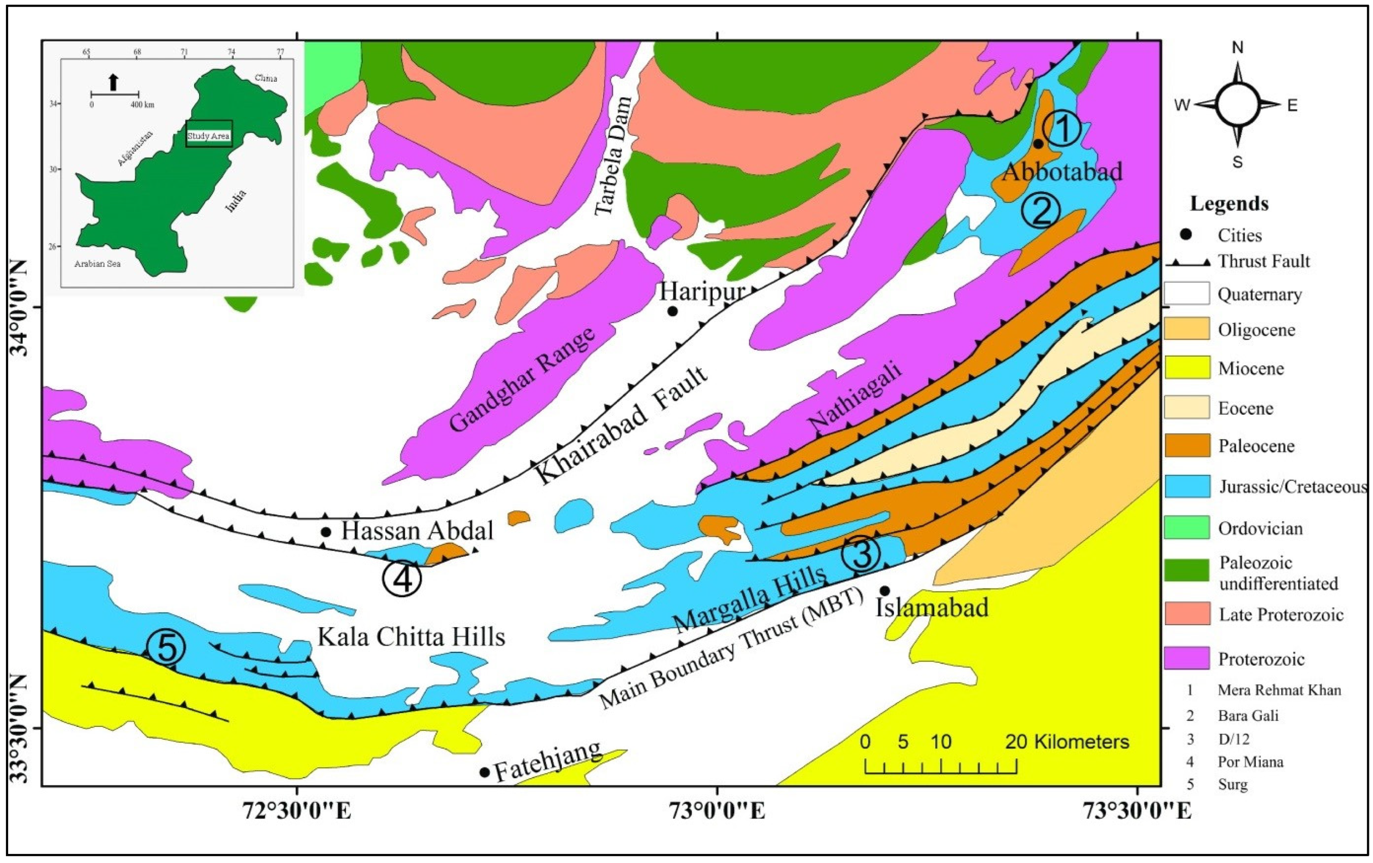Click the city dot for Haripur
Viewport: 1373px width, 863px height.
[x=672, y=311]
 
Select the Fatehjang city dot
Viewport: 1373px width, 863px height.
[x=485, y=772]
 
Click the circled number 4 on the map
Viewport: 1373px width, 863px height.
[x=402, y=579]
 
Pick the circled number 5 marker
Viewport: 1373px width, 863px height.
[x=166, y=648]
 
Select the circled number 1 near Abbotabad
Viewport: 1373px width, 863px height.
[x=1062, y=129]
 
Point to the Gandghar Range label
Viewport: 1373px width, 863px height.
[x=522, y=380]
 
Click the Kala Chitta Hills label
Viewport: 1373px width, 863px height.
[x=411, y=636]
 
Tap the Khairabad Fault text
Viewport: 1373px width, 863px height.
[x=622, y=424]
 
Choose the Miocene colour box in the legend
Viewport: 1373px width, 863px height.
[x=1186, y=368]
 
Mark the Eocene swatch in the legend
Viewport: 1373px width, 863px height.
[x=1186, y=408]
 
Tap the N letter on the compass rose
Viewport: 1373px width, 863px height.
[x=1237, y=48]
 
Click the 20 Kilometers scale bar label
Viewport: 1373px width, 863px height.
[x=1067, y=742]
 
